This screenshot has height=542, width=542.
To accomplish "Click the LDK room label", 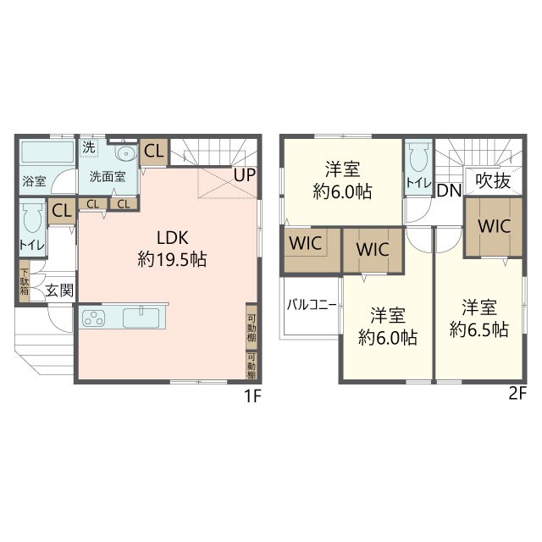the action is point(173,238).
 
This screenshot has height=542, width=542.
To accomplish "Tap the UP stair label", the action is point(245,175).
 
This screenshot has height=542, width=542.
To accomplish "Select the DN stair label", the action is point(449,191).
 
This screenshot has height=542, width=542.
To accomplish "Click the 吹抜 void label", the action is point(493,180).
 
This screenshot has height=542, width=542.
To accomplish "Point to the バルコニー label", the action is point(312,305).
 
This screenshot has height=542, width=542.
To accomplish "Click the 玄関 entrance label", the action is point(60,290).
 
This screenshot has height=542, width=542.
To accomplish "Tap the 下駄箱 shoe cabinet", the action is point(25,281).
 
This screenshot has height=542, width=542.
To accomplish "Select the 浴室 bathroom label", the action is point(34,180).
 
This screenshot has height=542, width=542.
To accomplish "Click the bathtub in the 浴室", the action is point(47,152).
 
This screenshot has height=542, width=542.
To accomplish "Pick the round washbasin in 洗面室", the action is point(125,152).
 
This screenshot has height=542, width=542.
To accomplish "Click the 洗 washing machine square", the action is point(89,147).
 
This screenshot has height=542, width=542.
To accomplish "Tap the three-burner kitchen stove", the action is point(93,318).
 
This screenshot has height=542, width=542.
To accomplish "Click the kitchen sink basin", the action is point(141,318).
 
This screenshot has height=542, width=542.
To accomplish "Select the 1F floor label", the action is point(252,395).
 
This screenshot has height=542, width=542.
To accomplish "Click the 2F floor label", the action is point(517,394).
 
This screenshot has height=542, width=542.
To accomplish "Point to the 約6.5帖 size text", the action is point(479,329).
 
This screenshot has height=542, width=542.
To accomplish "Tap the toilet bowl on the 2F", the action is point(418,158).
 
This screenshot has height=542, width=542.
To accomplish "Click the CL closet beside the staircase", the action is point(154,152).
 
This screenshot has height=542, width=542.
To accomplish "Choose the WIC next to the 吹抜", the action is point(493,227).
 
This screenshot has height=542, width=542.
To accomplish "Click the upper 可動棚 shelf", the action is point(252,327).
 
